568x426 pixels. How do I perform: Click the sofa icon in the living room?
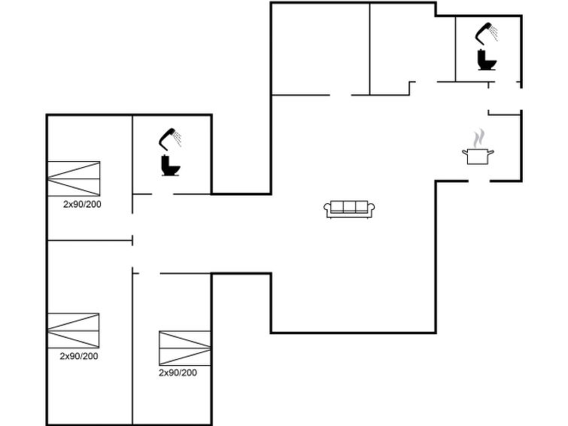click(349, 209)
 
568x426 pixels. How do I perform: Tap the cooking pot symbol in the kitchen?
click(478, 156)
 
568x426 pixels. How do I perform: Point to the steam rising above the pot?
click(478, 138)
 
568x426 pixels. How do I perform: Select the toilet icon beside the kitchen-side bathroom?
click(486, 59)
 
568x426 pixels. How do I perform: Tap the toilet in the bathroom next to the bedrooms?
click(170, 166)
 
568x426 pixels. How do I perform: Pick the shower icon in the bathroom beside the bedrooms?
click(170, 138)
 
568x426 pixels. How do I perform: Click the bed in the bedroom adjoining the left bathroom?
click(74, 178)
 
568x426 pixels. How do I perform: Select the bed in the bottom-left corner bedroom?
click(74, 330)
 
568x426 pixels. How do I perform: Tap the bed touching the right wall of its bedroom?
click(185, 348)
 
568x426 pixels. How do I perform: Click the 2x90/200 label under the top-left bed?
click(82, 204)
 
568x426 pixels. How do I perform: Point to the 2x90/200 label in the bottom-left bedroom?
click(79, 356)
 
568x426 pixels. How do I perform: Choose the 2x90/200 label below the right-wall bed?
click(178, 373)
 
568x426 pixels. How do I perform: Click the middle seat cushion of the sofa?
click(349, 207)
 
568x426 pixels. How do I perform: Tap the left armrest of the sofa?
click(327, 208)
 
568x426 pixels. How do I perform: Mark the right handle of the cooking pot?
click(491, 152)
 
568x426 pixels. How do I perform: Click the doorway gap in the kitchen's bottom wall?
click(478, 181)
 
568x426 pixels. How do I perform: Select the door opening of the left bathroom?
click(163, 194)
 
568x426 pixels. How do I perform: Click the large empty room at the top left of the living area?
click(320, 49)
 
